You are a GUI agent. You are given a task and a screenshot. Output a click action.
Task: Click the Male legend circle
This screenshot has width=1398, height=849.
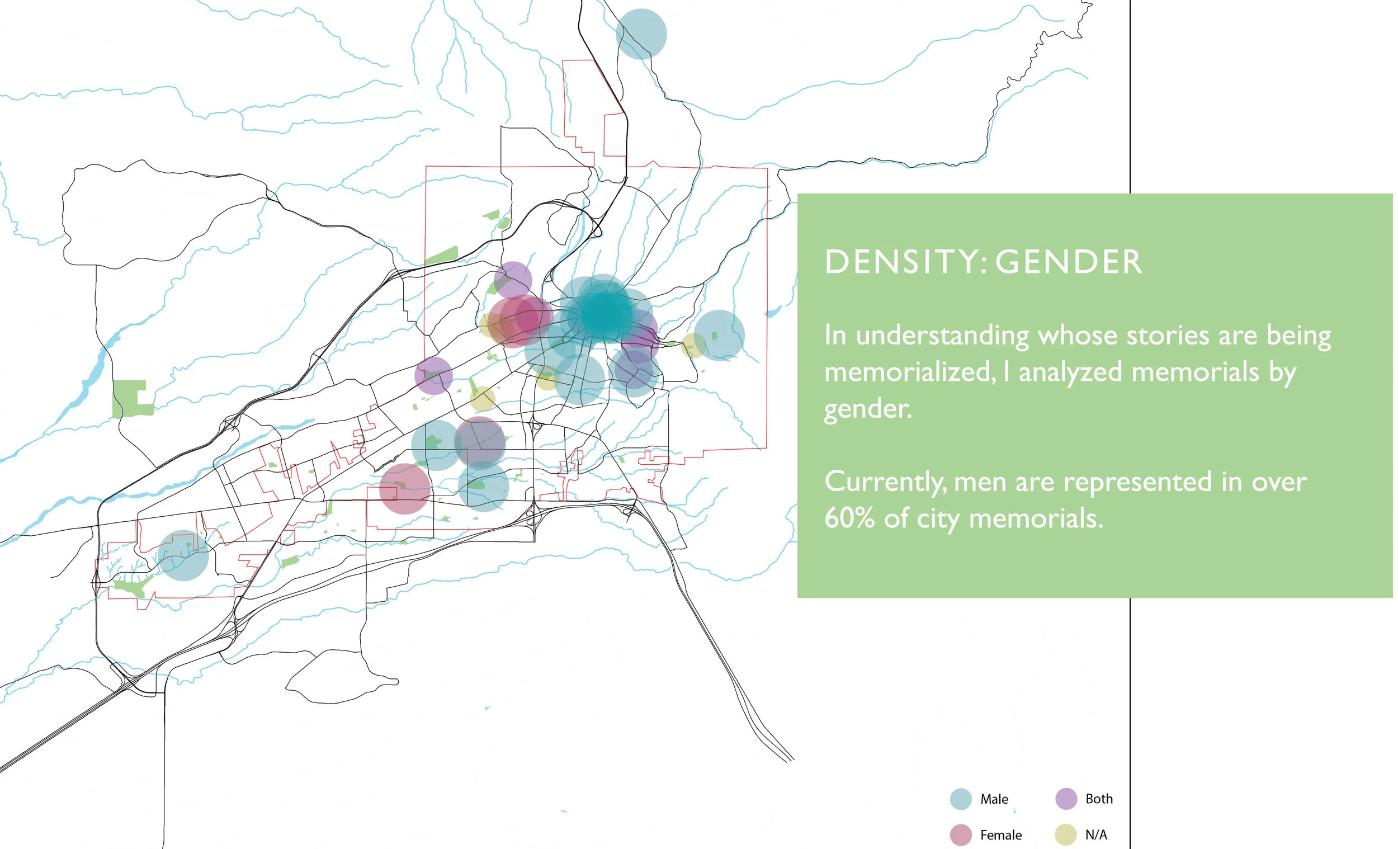(961, 799)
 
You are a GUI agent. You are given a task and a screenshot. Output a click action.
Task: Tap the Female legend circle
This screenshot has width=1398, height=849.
(961, 835)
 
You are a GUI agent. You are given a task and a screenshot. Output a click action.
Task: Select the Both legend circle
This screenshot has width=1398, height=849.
(1066, 799)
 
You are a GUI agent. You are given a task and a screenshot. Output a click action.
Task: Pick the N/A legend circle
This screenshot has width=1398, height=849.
(1066, 835)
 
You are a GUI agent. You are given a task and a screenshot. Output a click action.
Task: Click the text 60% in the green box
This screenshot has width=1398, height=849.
(849, 518)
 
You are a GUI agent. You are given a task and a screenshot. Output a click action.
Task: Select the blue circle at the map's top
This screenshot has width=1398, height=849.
(641, 34)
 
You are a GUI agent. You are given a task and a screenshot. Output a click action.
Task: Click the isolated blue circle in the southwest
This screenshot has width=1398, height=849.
(183, 555)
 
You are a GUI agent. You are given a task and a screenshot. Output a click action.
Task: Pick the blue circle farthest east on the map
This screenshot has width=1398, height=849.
(719, 335)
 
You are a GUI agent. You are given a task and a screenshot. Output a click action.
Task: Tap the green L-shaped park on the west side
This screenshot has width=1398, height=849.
(131, 398)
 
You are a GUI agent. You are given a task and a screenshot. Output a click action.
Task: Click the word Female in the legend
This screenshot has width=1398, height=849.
(1000, 835)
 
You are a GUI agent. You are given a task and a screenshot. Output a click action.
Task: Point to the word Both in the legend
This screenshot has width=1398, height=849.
(1099, 799)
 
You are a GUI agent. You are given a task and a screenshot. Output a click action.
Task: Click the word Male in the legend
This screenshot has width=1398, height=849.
(994, 799)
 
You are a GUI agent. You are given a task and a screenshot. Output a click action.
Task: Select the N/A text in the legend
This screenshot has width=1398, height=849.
(1095, 835)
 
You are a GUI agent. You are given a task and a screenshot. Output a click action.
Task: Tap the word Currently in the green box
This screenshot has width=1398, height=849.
(885, 482)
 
